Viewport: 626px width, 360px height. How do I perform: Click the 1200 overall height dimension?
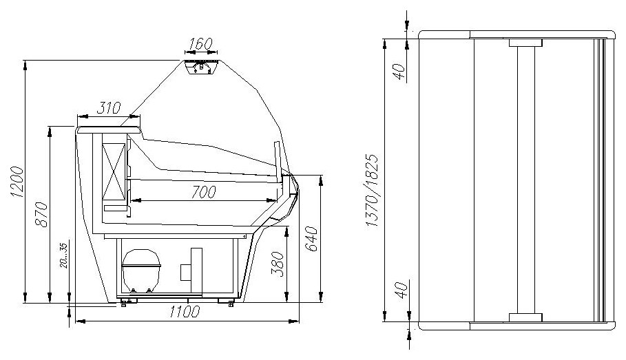pos(18,182)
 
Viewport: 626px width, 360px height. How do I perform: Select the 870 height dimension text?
pos(41,214)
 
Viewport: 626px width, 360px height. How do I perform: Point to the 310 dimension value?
pos(108,108)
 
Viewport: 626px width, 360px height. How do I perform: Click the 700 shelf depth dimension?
pos(204,192)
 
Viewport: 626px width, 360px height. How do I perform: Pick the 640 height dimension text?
pos(311,239)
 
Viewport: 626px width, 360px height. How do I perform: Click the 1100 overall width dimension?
pos(185,311)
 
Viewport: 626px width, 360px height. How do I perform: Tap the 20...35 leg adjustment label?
pos(64,255)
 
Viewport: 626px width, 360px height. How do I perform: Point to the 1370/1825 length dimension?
pos(372,191)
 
